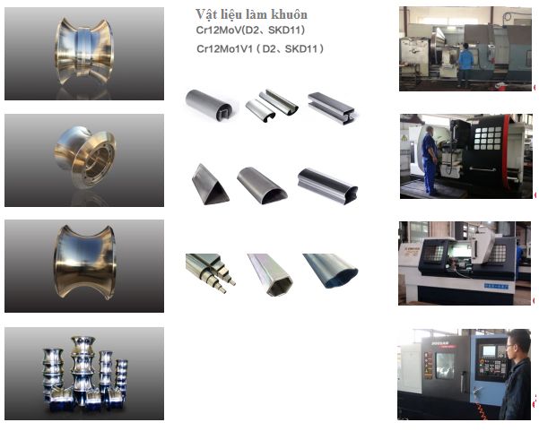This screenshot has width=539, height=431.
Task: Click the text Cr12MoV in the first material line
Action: [219, 30]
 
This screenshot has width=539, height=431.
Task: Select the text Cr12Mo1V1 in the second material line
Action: [224, 48]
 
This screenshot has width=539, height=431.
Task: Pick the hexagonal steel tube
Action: [271, 274]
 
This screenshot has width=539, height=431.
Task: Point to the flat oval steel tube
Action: [330, 271]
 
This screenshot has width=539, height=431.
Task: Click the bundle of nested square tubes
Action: [211, 272]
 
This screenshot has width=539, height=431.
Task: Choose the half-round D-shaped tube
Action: [262, 185]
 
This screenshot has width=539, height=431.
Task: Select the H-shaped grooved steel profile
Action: [331, 108]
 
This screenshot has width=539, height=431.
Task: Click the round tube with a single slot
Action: [209, 105]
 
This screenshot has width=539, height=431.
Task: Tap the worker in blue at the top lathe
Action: [465, 65]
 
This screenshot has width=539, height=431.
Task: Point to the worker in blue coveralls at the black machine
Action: [430, 160]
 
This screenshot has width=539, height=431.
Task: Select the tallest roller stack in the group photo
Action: [83, 367]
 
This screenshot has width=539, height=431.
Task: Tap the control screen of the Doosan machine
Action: [489, 351]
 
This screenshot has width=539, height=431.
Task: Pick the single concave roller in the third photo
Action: [84, 262]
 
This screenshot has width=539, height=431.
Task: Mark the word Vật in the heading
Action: [204, 14]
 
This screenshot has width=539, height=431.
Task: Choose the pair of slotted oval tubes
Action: [272, 105]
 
